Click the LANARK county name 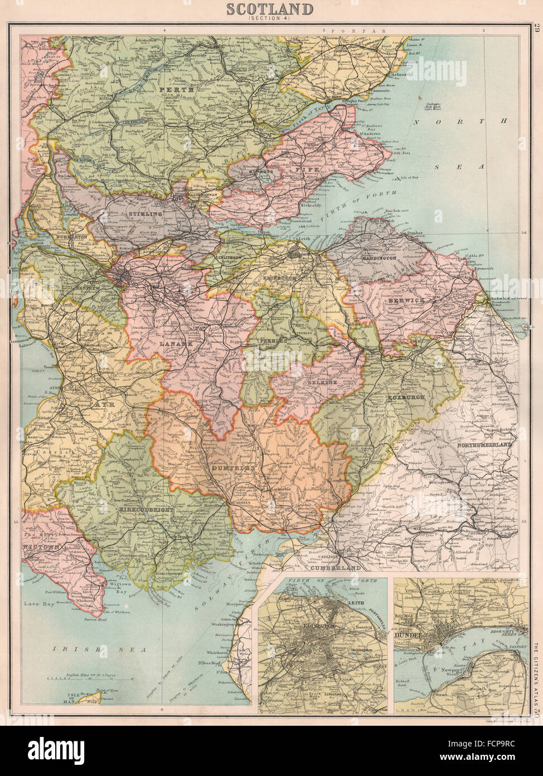click(174, 345)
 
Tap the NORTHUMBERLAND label click(484, 447)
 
